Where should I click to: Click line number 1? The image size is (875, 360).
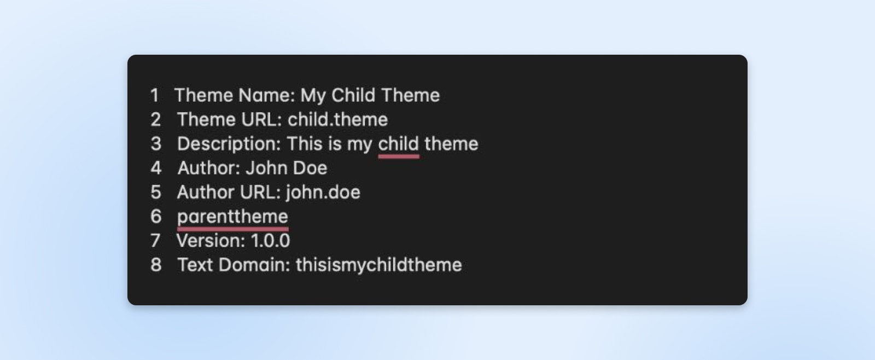click(x=155, y=95)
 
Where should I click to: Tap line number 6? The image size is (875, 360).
click(x=156, y=216)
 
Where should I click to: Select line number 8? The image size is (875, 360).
click(x=156, y=265)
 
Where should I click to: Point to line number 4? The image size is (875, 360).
click(x=156, y=168)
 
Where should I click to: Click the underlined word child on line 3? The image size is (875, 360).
click(x=399, y=143)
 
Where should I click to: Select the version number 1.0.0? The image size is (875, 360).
click(x=270, y=241)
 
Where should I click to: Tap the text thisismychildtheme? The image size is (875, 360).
click(x=379, y=265)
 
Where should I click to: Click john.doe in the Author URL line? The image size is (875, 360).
click(x=323, y=193)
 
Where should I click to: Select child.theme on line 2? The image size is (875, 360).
click(x=338, y=119)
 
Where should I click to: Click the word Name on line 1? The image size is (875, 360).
click(x=266, y=95)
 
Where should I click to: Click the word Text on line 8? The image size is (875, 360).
click(x=195, y=265)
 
